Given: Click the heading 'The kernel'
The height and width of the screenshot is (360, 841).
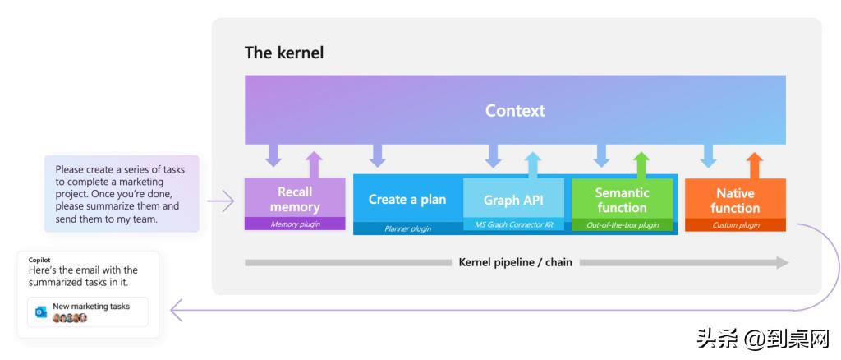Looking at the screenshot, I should pos(284,53).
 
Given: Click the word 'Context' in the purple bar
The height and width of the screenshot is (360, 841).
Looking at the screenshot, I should pos(515,110).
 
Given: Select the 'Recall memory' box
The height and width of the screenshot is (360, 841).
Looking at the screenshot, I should pos(295,199).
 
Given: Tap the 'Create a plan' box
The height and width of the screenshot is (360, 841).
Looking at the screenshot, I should pos(407,199).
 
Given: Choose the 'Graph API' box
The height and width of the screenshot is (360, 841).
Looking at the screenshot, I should pos(513,200).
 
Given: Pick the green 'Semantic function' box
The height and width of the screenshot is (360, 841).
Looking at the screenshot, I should pos(622,200).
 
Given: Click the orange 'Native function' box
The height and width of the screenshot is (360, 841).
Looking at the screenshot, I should pos(735,201).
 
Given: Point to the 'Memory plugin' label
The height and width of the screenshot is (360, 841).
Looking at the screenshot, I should pos(295,224).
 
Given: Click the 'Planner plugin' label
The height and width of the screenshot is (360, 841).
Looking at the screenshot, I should pos(407,228).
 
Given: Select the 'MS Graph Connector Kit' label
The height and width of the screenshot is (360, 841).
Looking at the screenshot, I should pos(513,224).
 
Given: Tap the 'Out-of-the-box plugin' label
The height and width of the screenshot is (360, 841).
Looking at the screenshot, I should pos(622,224).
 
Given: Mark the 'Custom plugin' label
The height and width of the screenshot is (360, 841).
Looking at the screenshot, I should pos(735,224).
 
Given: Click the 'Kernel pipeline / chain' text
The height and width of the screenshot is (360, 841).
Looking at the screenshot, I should pos(515,262).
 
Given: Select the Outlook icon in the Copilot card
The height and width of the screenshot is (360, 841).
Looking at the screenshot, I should pos(41,312).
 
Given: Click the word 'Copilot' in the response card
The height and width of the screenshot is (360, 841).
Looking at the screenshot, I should pos(39,260).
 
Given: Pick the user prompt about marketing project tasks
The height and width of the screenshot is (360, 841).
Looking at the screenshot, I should pos(121,194).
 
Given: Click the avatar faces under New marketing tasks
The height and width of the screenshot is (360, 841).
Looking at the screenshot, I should pos(70,318).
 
